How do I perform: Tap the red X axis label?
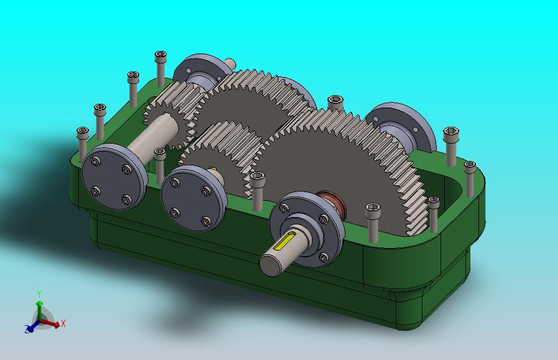(x=63, y=324)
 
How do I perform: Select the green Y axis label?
(x=39, y=293)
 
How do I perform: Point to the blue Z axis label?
(x=27, y=329)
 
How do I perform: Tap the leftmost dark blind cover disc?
(x=113, y=177)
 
